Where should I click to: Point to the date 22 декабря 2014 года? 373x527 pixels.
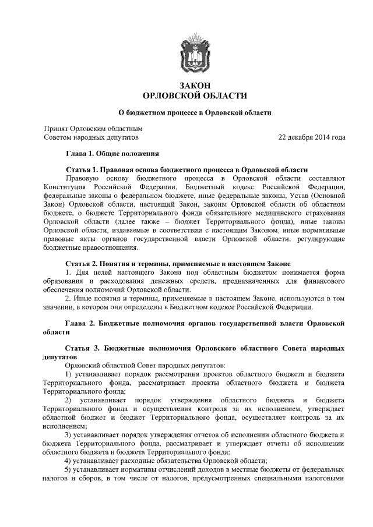312,137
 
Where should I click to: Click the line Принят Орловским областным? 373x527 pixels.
94,128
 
